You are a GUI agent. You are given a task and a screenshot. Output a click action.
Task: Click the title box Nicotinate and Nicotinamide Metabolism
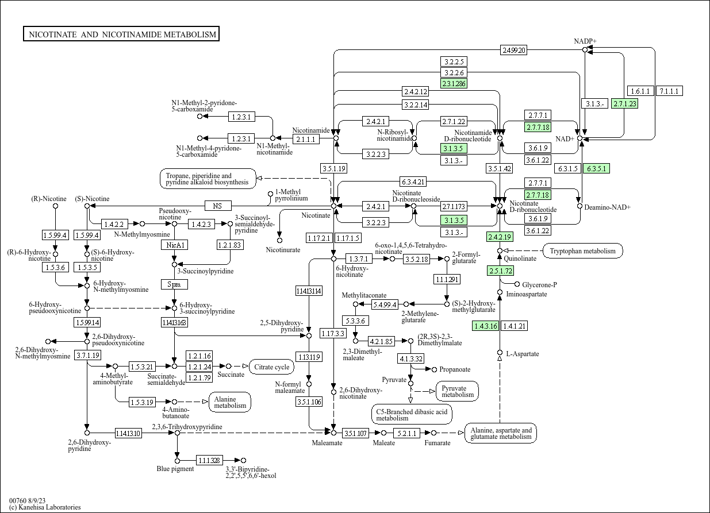coord(121,34)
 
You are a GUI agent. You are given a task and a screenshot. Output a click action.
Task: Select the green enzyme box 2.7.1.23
coord(625,103)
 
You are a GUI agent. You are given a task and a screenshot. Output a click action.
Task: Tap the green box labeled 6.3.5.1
coord(596,168)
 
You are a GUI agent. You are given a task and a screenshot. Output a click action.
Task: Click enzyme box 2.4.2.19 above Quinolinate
coord(499,237)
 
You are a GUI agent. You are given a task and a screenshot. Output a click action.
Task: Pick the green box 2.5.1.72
coord(500,271)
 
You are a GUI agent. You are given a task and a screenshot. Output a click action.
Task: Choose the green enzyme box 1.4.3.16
coord(485,326)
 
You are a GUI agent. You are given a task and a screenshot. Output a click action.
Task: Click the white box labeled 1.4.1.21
coord(514,326)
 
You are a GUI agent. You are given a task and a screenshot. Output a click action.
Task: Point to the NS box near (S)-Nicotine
coord(217,206)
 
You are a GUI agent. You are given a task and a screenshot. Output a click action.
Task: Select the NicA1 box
coord(174,245)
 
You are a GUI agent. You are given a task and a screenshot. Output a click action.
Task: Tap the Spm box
coord(174,284)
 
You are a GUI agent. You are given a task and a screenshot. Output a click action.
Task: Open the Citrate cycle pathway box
coord(271,367)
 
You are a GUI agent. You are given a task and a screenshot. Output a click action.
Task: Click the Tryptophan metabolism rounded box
coord(582,250)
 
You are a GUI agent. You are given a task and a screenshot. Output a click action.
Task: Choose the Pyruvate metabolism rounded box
coord(458,391)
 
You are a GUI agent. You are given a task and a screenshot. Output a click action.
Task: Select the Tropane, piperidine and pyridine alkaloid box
coord(208,179)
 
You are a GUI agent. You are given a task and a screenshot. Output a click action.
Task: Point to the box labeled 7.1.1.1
coord(669,91)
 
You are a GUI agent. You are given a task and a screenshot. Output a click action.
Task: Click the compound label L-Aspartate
coord(522,354)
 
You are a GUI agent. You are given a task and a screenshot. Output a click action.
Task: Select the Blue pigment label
coord(175,469)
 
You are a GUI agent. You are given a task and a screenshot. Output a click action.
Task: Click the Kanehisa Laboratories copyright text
coord(45,507)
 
